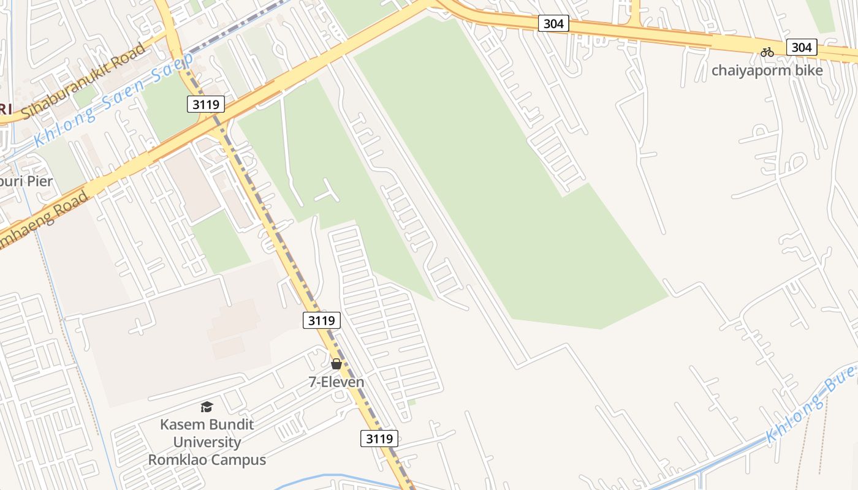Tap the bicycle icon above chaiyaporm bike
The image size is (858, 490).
(x=767, y=52)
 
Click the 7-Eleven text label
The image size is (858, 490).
(x=336, y=382)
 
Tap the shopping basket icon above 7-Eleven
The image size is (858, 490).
(x=336, y=364)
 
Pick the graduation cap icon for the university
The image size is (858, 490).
(x=207, y=407)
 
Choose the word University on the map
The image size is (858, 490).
(x=207, y=442)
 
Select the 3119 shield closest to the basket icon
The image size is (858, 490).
(x=321, y=320)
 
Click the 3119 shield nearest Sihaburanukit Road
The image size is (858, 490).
(x=205, y=104)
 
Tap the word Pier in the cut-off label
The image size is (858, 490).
(x=39, y=181)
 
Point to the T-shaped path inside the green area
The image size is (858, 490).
(x=326, y=192)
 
